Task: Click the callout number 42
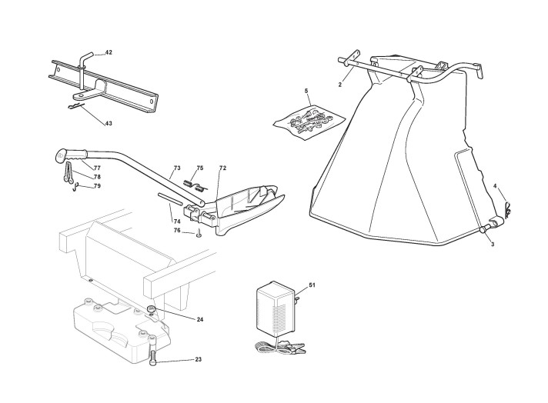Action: point(109,52)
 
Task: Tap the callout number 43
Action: point(109,123)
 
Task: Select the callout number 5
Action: point(306,92)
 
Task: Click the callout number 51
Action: point(312,285)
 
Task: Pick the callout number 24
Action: point(199,318)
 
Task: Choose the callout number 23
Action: point(198,359)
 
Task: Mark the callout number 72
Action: point(222,167)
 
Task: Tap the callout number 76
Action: point(177,230)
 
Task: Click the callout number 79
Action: point(98,185)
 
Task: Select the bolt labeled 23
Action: point(155,357)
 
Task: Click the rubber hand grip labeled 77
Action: point(66,155)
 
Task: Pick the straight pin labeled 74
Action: point(175,200)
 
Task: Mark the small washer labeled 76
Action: point(199,235)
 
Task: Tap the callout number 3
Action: point(493,244)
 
